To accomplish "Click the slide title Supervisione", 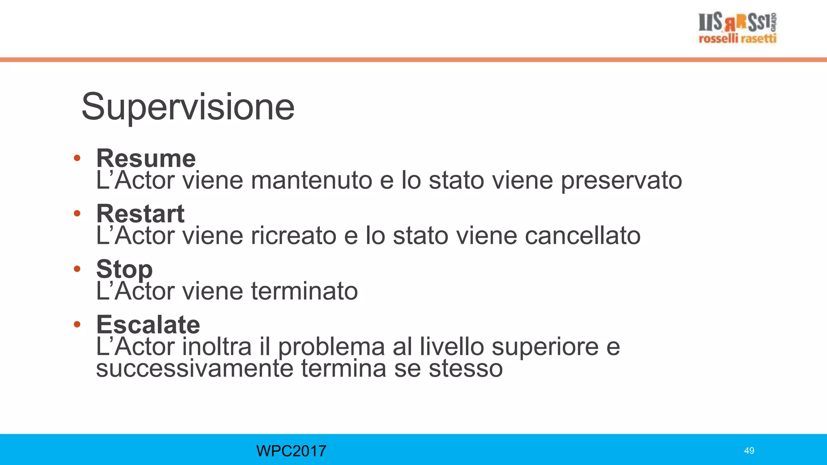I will (188, 107).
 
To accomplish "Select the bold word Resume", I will (146, 158).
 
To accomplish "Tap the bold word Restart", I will (140, 214).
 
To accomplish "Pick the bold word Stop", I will (124, 269).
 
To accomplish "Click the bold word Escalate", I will (148, 325).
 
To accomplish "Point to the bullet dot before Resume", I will (77, 158).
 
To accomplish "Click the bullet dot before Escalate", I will (77, 324).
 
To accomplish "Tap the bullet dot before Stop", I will (77, 269).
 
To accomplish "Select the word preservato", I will (621, 180).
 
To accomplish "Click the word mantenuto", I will (311, 180).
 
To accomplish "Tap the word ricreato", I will (294, 236).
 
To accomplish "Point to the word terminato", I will (304, 291).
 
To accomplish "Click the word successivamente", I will (194, 369).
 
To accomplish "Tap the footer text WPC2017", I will (291, 451).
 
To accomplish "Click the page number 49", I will (749, 451).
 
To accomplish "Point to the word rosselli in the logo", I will (718, 39).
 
